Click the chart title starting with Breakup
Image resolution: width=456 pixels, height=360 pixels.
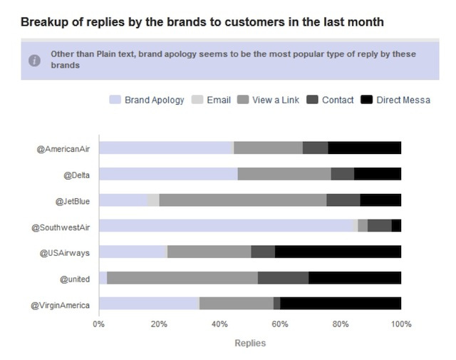pyautogui.click(x=202, y=22)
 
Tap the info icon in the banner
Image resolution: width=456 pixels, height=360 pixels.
pyautogui.click(x=34, y=61)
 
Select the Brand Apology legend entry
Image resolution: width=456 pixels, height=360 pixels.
pyautogui.click(x=147, y=100)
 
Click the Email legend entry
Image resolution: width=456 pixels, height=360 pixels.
pyautogui.click(x=211, y=100)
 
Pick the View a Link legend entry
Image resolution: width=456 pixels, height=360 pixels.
pyautogui.click(x=268, y=100)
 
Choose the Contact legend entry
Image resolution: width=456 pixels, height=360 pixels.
pyautogui.click(x=330, y=100)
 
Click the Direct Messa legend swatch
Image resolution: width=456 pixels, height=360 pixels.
pyautogui.click(x=366, y=100)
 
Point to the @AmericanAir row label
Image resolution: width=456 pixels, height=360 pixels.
pyautogui.click(x=63, y=149)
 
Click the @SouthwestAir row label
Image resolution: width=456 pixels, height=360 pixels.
pyautogui.click(x=61, y=227)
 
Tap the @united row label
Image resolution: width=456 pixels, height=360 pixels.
pyautogui.click(x=75, y=279)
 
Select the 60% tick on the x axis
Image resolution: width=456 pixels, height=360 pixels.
pyautogui.click(x=280, y=324)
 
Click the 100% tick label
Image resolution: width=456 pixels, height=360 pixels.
pyautogui.click(x=401, y=324)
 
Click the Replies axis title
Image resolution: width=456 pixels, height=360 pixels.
pyautogui.click(x=250, y=343)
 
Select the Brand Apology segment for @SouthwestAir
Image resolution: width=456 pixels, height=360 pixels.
pyautogui.click(x=226, y=225)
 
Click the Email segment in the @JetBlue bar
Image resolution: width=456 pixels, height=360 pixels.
pyautogui.click(x=153, y=200)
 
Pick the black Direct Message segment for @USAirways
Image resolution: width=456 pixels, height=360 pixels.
pyautogui.click(x=338, y=252)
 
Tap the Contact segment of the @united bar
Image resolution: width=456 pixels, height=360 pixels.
pyautogui.click(x=284, y=277)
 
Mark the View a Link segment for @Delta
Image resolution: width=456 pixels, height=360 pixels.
pyautogui.click(x=284, y=174)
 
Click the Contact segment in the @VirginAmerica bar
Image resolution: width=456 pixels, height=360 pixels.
pyautogui.click(x=277, y=303)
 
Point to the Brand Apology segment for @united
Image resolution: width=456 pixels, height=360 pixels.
pyautogui.click(x=103, y=277)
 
